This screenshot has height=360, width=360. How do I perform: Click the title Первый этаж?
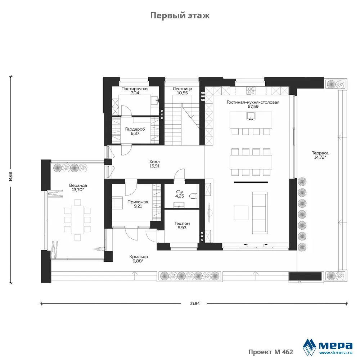pos(180,15)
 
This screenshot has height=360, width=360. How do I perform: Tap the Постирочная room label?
pos(135,89)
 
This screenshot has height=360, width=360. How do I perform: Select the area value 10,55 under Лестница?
pos(182,93)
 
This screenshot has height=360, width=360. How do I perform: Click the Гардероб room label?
pos(135,129)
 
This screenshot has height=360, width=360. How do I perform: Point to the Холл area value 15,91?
pos(154,166)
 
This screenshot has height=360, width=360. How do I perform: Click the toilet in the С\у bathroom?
pos(193,196)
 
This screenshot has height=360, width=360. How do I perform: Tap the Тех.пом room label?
pos(182,224)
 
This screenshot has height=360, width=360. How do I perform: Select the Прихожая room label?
pos(138,202)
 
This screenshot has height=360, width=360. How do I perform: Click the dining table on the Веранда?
pos(77,220)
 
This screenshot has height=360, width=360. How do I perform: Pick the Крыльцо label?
pos(139,257)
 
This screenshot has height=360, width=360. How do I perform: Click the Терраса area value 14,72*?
pos(320,157)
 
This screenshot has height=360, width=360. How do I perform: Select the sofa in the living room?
pos(260,213)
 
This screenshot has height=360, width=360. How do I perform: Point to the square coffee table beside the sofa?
pos(241,213)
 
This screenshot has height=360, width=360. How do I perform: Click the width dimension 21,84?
pos(195,303)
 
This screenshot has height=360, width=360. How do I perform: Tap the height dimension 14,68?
pos(10,177)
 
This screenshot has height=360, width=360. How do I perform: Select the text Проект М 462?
pos(271,352)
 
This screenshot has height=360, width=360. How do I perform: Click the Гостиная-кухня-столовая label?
pos(253,102)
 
